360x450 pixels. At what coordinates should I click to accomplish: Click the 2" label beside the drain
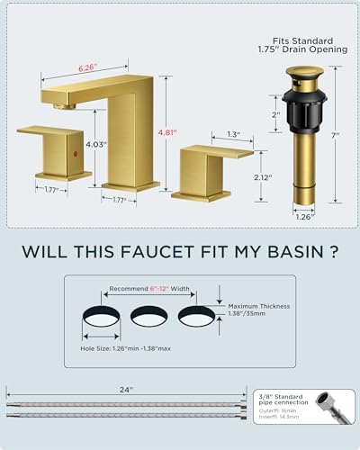pyautogui.click(x=276, y=115)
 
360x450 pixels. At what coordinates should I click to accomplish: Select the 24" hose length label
pyautogui.click(x=125, y=389)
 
